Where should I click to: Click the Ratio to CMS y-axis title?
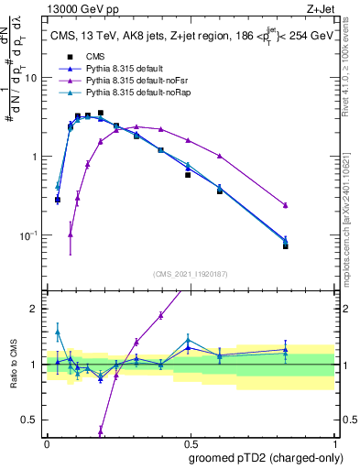[14, 364]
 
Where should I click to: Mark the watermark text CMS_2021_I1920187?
[191, 273]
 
